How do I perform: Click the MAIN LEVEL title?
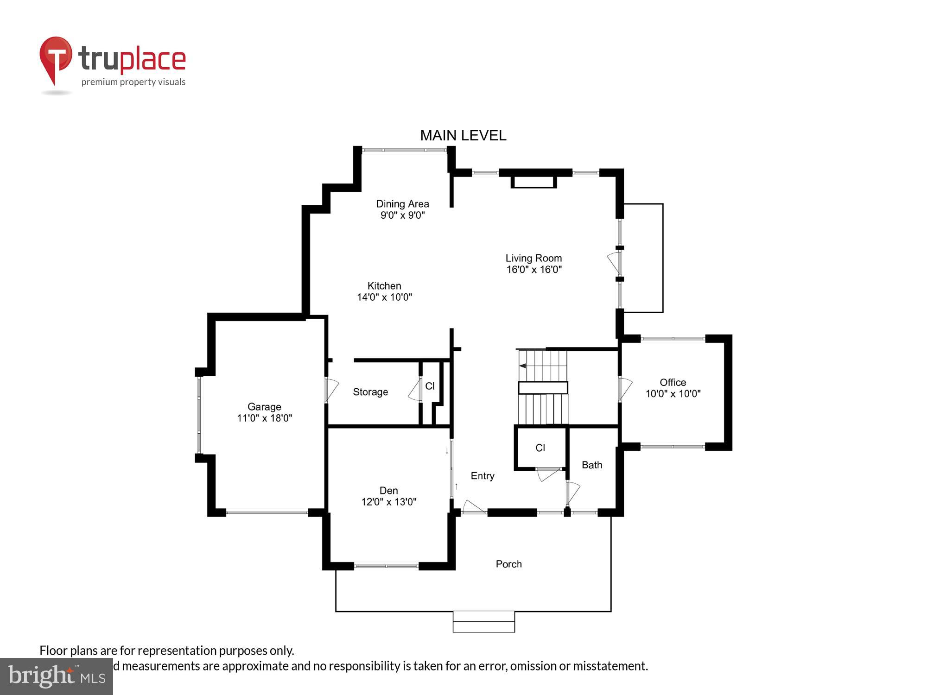[463, 135]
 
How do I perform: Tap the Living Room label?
[533, 258]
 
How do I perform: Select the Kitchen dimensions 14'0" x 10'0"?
[384, 297]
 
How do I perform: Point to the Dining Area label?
[402, 204]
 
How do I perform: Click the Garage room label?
[264, 407]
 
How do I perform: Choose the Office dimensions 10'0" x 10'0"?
[673, 394]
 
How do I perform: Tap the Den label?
[388, 490]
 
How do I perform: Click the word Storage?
[370, 392]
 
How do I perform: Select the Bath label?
[592, 465]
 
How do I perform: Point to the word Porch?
[508, 564]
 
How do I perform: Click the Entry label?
[483, 476]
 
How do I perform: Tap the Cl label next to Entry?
[540, 448]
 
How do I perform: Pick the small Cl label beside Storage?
[430, 386]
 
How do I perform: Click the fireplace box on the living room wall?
[533, 182]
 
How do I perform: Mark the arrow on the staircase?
[523, 366]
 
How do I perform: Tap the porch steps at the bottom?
[483, 622]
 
